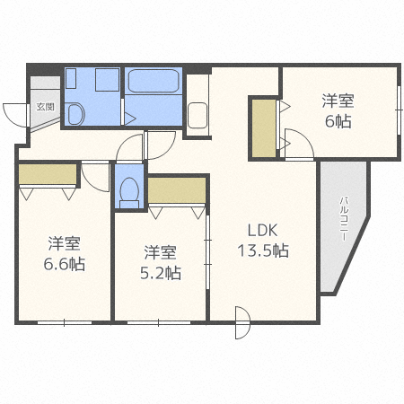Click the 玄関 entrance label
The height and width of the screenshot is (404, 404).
45,106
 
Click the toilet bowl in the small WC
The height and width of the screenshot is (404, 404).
129,189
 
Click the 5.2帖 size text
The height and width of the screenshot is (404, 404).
162,272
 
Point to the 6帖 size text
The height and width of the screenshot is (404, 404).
339,123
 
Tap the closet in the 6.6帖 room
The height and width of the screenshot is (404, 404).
48,174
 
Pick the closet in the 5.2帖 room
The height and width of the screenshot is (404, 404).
177,189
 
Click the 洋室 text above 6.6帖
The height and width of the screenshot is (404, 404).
66,242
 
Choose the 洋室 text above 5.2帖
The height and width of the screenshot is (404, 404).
162,251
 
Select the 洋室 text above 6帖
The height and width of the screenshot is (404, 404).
339,101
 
